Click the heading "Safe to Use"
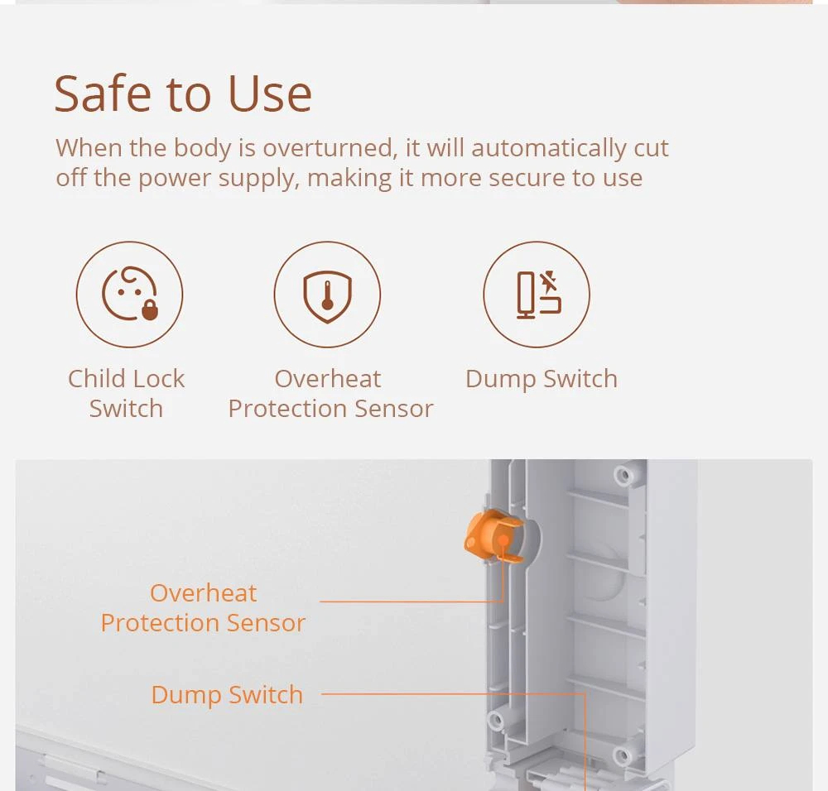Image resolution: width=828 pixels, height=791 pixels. pyautogui.click(x=183, y=94)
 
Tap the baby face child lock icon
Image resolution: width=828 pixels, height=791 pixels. pyautogui.click(x=129, y=294)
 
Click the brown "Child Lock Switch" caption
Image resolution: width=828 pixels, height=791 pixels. pyautogui.click(x=126, y=393)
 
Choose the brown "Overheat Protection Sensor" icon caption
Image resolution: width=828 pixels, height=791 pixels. pyautogui.click(x=330, y=393)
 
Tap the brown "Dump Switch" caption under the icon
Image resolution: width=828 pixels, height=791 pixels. pyautogui.click(x=542, y=379)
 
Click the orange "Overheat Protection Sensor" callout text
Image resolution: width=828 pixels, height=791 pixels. pyautogui.click(x=204, y=607)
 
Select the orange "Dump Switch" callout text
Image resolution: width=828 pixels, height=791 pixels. pyautogui.click(x=227, y=694)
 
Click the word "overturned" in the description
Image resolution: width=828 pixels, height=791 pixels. pyautogui.click(x=330, y=148)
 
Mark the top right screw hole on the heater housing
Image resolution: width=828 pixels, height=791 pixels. pyautogui.click(x=623, y=475)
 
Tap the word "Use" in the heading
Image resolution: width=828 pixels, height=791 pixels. pyautogui.click(x=270, y=94)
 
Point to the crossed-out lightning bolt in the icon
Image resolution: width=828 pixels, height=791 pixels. pyautogui.click(x=549, y=282)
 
